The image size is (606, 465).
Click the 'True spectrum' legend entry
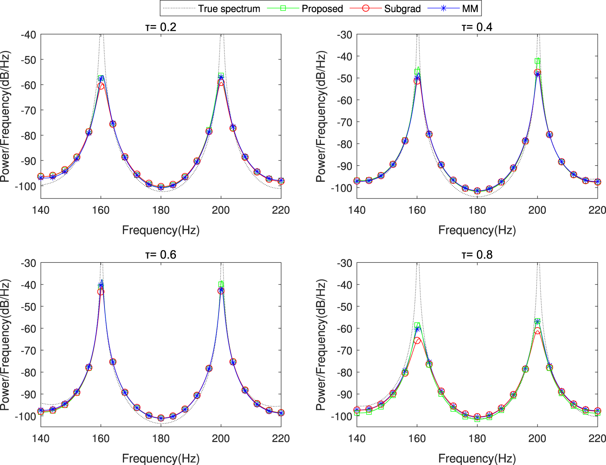(229, 8)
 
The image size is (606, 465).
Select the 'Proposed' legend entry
(322, 8)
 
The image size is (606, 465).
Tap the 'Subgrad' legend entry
(402, 8)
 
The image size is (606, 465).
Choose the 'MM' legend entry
(470, 8)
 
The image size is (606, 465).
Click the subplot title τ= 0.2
(160, 27)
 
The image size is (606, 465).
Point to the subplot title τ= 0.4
(477, 27)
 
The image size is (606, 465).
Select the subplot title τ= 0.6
(160, 255)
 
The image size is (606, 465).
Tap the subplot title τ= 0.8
(477, 255)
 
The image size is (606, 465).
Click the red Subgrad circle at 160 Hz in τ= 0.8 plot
(417, 340)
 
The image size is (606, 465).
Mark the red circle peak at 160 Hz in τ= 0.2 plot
(101, 86)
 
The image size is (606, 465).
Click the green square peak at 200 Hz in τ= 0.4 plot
(537, 61)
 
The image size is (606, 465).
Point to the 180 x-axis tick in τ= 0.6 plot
(160, 438)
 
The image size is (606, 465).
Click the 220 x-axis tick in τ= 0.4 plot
(597, 210)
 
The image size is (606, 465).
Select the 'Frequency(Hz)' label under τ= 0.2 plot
(160, 230)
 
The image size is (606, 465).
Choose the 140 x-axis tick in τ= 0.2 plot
(41, 210)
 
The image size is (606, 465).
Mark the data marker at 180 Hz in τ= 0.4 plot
(477, 191)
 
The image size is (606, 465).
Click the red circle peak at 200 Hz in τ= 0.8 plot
(537, 330)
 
